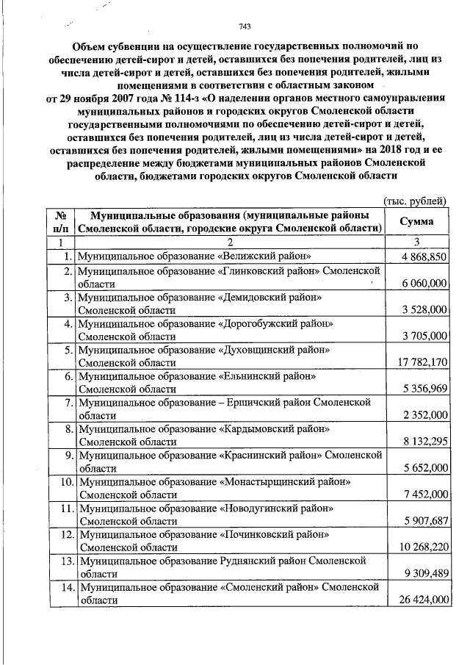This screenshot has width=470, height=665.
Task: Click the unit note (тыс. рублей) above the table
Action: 416,201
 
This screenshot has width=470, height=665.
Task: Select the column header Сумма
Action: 416,222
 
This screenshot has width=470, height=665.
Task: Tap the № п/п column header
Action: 61,222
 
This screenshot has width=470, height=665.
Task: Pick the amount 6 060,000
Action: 423,284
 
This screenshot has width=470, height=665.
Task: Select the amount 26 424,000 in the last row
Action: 420,600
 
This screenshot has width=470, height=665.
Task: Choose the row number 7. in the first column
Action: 65,403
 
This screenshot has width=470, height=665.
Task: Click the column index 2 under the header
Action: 229,242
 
